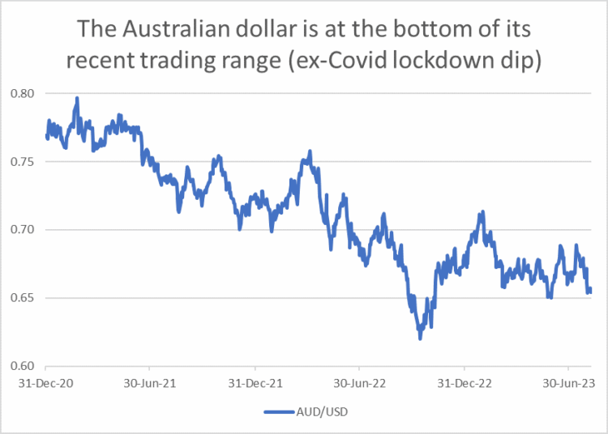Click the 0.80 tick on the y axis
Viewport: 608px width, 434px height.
click(x=26, y=94)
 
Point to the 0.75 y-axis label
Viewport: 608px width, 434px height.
click(x=26, y=162)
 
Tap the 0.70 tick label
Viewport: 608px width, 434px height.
click(x=26, y=230)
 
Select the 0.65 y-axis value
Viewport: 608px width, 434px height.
click(x=26, y=298)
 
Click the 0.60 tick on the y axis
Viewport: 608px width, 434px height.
click(x=26, y=366)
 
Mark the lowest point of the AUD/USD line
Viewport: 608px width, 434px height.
click(x=420, y=338)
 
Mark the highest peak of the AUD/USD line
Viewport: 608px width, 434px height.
click(x=77, y=98)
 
